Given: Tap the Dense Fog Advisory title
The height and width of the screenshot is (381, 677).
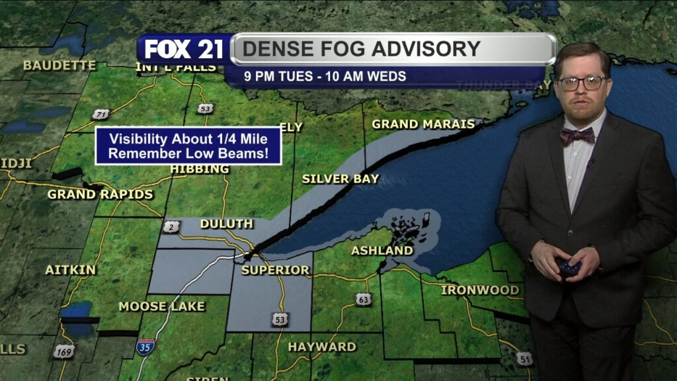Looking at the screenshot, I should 361,49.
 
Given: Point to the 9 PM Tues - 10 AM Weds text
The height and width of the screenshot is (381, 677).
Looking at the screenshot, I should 325,76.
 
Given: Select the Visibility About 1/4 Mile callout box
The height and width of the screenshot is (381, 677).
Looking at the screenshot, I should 188,146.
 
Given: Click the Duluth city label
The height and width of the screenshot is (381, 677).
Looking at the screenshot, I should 226,224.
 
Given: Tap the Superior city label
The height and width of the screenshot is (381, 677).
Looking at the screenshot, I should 276,270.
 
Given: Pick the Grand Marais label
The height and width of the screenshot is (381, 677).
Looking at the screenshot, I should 423,124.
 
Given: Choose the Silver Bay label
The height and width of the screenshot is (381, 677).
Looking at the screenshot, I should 340,179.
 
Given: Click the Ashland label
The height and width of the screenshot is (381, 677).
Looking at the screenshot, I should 382,251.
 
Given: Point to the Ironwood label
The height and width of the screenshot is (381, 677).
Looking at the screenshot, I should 480,290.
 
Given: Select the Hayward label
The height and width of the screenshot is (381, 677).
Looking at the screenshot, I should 322,347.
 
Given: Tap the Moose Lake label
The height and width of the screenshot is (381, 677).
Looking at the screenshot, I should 161,306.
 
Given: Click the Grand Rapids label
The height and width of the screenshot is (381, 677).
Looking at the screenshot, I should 100,194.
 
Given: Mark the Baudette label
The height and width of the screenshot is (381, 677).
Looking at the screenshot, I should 60,65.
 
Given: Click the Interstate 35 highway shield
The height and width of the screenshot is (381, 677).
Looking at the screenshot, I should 145,347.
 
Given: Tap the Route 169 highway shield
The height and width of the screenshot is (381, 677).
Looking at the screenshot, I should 63,351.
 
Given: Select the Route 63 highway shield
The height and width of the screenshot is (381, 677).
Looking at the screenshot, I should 363,300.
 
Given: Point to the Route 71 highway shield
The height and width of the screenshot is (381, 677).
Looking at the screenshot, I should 100,114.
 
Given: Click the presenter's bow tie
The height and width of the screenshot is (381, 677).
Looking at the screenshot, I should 577,136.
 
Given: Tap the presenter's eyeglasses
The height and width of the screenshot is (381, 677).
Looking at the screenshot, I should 582,83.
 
